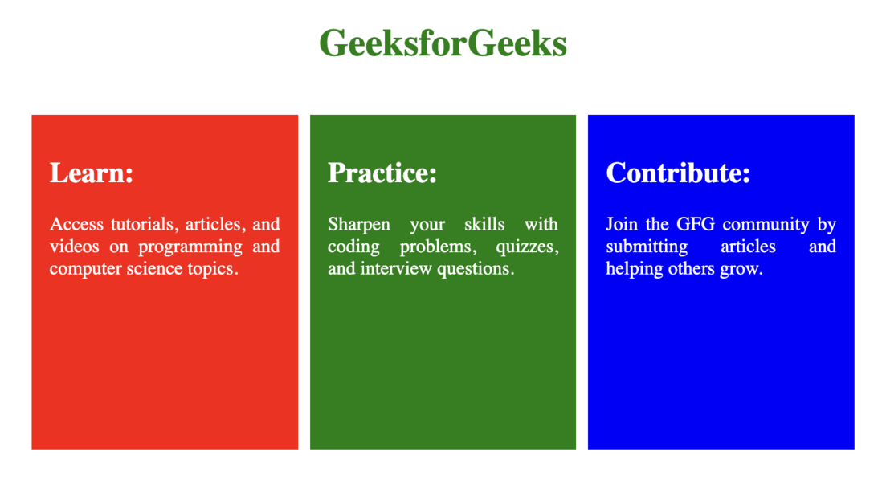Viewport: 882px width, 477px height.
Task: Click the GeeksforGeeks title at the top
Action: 443,43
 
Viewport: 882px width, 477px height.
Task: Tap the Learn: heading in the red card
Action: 91,173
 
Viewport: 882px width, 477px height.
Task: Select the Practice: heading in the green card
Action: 382,173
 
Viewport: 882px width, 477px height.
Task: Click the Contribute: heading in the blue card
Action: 678,173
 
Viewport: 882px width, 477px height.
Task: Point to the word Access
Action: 76,224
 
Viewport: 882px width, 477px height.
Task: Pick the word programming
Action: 190,247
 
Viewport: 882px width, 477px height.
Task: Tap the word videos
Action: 74,247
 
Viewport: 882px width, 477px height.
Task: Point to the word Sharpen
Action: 359,225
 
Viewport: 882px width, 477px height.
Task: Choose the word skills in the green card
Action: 484,224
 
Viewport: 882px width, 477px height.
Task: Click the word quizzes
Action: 527,247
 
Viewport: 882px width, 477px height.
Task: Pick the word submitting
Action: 647,247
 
